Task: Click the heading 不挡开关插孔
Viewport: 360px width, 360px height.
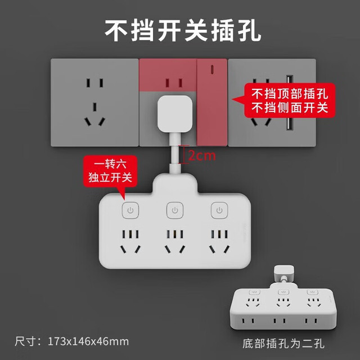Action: coord(183,30)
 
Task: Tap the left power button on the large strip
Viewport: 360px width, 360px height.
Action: coord(130,210)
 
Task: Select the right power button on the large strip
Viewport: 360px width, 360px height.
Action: coord(219,210)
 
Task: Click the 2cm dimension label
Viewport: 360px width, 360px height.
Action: coord(202,156)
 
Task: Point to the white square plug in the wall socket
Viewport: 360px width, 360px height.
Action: coord(175,114)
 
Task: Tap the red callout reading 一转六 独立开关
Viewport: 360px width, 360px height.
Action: coord(110,171)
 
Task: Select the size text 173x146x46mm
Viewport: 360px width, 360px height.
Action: coord(88,341)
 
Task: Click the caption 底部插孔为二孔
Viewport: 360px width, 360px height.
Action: coord(283,344)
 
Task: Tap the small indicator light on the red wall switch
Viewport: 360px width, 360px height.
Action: coord(212,69)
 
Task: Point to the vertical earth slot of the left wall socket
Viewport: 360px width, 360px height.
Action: coord(94,107)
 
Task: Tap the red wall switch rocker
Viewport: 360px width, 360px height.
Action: coord(212,102)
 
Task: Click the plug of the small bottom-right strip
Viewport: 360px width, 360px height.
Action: coord(284,273)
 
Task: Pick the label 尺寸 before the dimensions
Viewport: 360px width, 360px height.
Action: coord(25,341)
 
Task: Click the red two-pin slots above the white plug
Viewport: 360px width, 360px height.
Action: coord(174,83)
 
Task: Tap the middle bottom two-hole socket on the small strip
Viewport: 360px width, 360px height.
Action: coord(280,321)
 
